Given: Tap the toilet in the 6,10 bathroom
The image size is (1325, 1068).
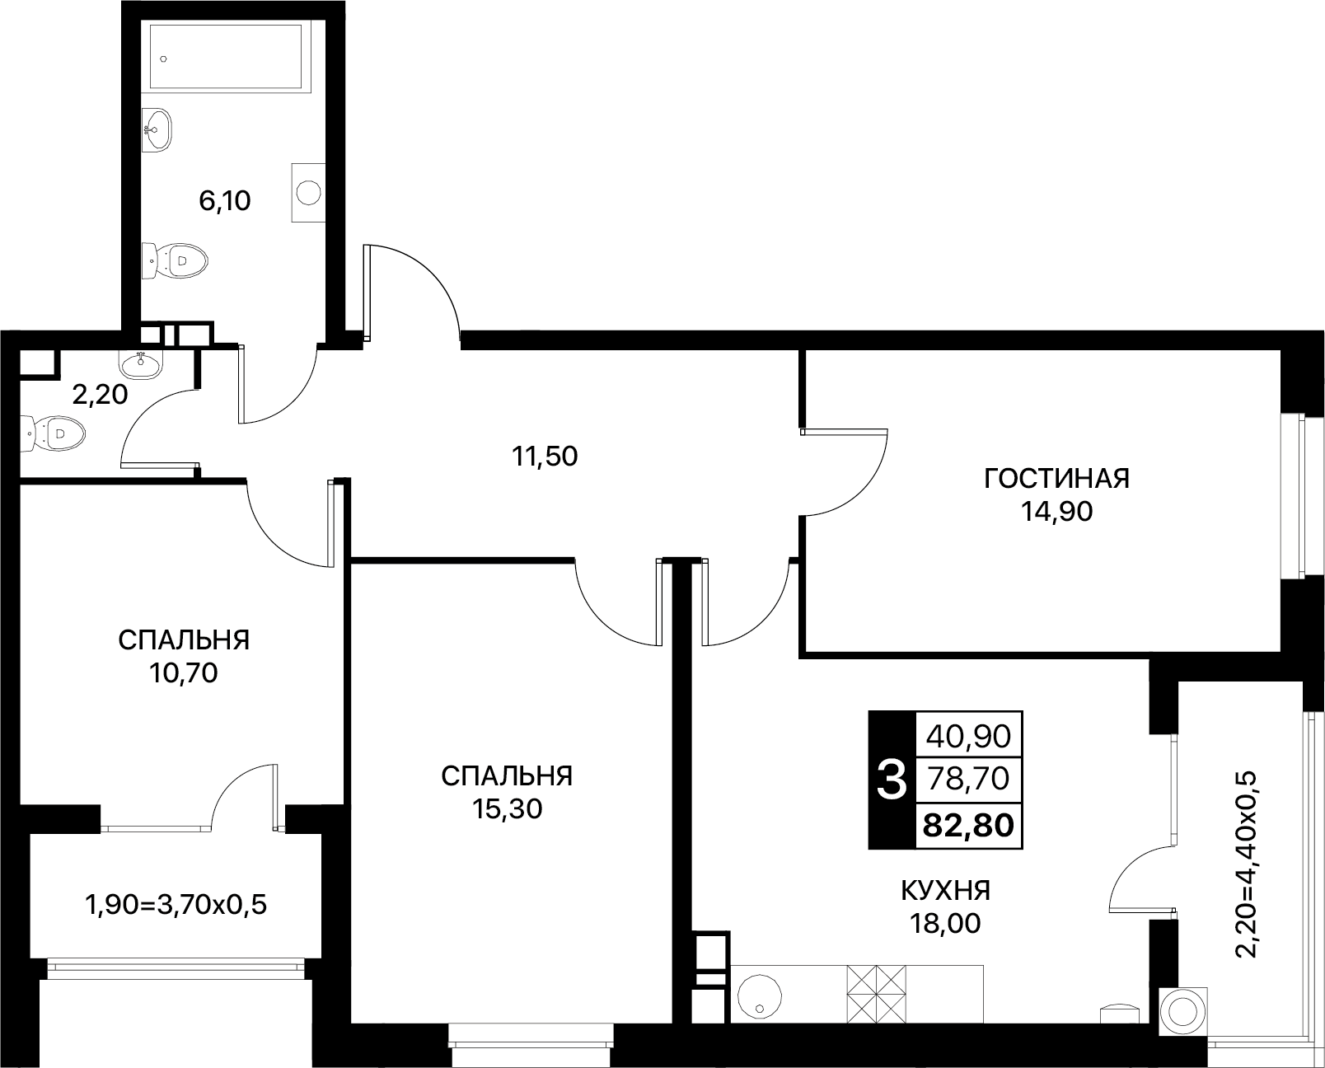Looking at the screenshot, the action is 175,260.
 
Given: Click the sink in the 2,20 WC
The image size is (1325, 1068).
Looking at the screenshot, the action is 143,364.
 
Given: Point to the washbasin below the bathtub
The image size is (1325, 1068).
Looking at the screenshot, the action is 157,129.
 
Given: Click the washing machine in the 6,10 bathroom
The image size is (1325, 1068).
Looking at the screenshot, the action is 308,192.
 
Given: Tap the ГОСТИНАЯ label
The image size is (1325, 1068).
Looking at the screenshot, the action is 1056,479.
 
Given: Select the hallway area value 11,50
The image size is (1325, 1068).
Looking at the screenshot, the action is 545,457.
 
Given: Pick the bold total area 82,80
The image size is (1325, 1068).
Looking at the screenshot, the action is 968,825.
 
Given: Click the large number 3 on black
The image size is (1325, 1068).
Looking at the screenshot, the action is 891,780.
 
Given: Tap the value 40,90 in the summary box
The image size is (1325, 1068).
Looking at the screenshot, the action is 968,736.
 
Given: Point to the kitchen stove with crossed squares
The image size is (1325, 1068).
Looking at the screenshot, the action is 877,994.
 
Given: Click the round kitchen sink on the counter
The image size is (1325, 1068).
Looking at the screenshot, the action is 759,996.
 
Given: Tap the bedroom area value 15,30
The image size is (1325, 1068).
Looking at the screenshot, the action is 507,808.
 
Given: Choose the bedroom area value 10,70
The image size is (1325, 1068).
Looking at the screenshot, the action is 183,673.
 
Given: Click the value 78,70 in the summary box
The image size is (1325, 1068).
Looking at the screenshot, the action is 968,779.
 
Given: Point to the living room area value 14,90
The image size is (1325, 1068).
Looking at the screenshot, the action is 1056,511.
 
